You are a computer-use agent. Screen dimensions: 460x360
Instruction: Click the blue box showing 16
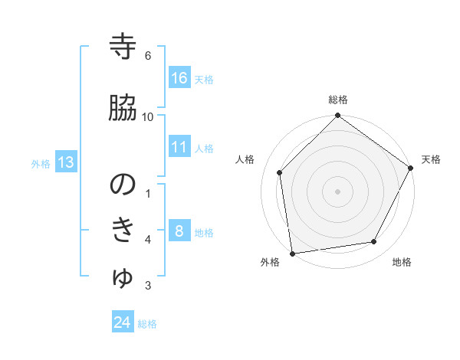(179, 78)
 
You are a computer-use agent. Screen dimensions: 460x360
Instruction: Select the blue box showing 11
(179, 147)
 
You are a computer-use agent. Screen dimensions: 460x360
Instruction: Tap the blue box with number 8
(179, 231)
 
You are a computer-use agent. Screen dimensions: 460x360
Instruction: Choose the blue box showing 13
(66, 162)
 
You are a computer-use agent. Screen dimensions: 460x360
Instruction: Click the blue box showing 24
(123, 323)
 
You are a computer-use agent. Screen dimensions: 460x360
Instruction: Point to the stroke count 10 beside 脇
(148, 116)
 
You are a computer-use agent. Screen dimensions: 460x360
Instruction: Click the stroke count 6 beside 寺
(148, 56)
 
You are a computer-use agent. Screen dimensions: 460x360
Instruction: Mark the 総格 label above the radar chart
(338, 100)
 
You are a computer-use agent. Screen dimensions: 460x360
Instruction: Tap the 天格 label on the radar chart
(431, 159)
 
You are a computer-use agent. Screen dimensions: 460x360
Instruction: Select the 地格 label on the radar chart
(402, 262)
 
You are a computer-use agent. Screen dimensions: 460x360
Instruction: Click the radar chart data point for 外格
(292, 253)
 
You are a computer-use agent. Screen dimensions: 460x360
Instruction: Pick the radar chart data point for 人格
(280, 172)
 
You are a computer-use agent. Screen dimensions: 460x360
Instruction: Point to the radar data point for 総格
(338, 116)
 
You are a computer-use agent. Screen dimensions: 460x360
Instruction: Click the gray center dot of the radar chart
(338, 191)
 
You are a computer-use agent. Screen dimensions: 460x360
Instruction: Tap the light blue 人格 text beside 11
(204, 148)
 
